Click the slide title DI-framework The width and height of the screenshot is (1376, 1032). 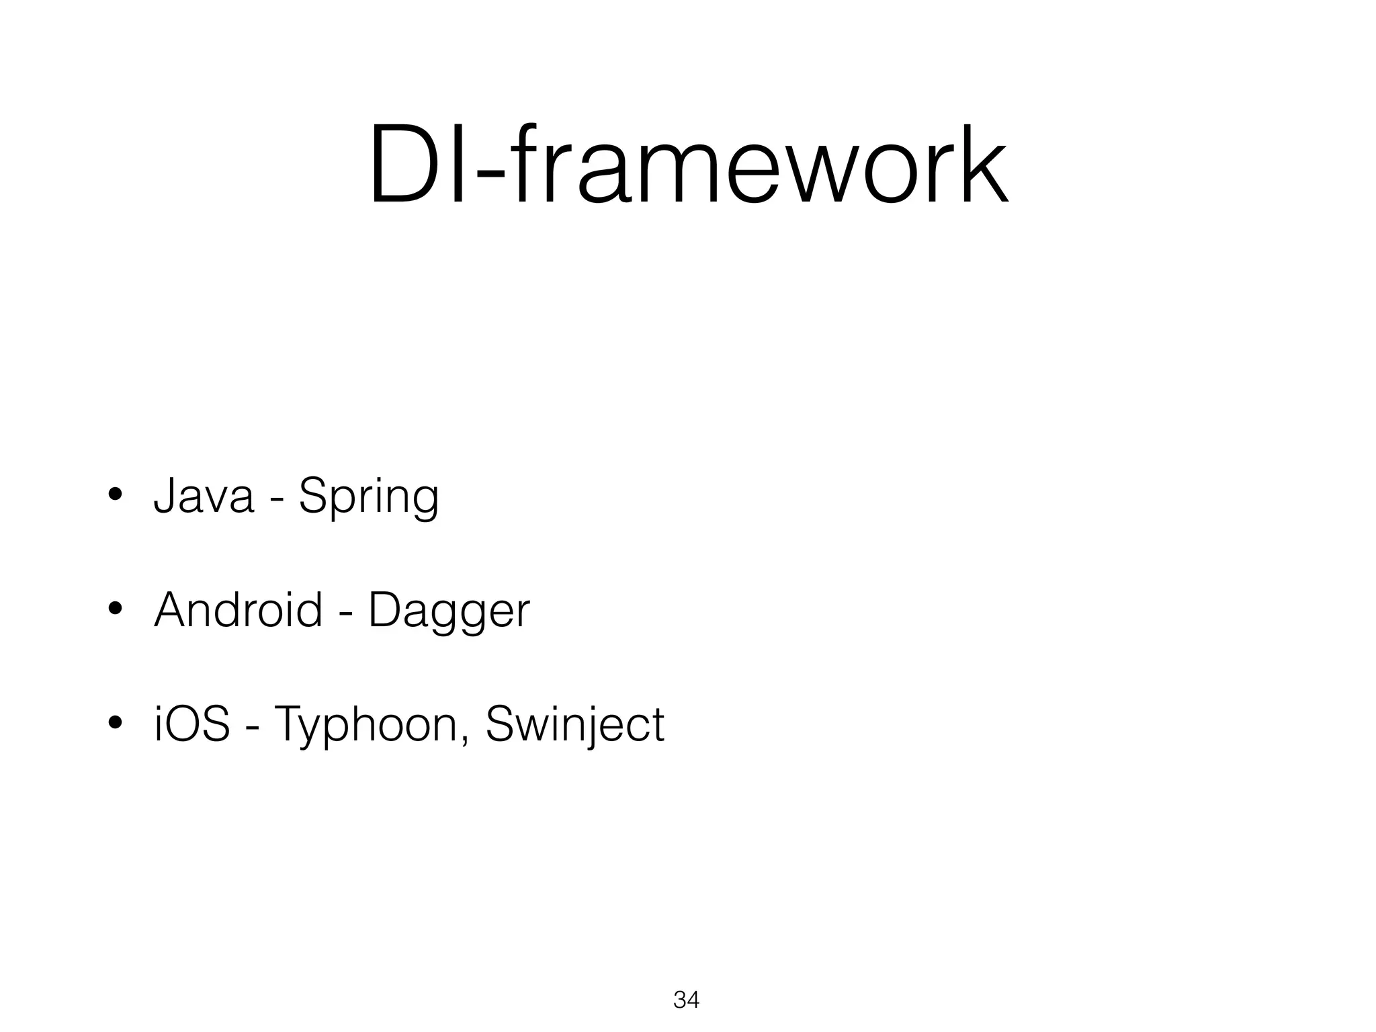pos(688,165)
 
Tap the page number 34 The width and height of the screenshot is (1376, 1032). pos(686,1000)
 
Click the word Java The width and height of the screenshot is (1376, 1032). pos(204,496)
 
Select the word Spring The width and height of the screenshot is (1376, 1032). pos(368,497)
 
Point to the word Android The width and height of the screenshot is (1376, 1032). pos(238,609)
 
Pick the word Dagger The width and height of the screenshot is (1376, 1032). pos(449,611)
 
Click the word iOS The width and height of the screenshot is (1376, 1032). pos(192,724)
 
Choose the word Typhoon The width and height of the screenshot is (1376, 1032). pos(363,726)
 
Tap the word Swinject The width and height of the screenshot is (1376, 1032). pos(574,726)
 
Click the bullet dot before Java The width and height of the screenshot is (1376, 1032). pos(115,496)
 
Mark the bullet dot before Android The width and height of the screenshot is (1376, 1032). pos(115,610)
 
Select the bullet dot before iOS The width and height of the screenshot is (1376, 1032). pos(115,724)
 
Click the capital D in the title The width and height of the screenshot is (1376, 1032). pos(406,165)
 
